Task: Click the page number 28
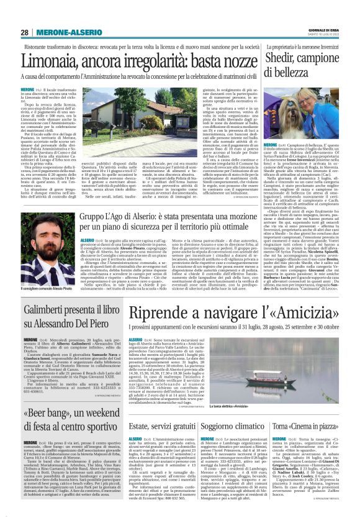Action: [24, 32]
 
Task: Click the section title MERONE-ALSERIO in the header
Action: [66, 32]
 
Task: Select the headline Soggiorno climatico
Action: [236, 409]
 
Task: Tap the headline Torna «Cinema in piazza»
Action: [312, 409]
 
